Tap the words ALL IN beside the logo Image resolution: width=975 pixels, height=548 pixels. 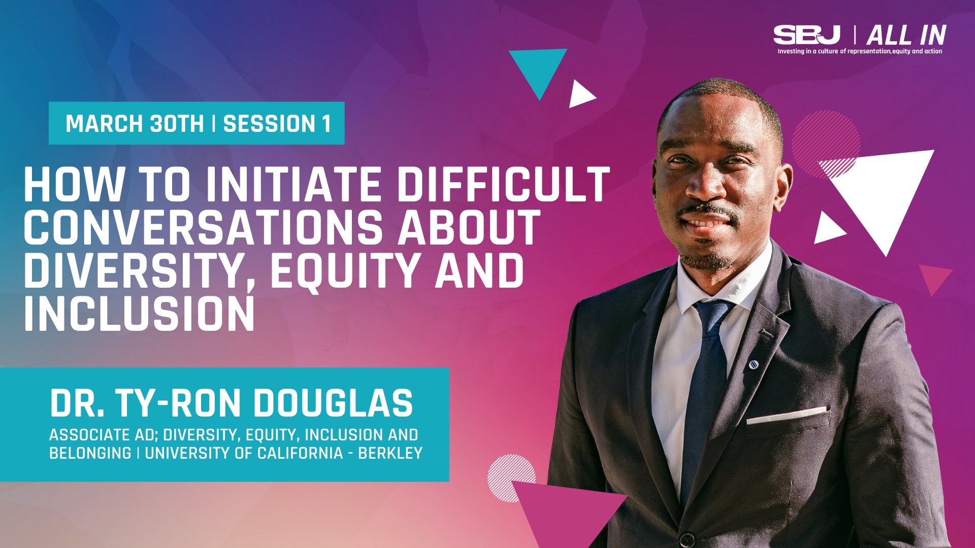906,36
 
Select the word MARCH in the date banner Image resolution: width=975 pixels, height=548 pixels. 99,124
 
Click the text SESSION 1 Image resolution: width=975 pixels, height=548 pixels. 277,124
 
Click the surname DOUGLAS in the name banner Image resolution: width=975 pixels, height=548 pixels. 333,404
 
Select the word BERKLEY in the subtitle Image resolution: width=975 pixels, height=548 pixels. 390,453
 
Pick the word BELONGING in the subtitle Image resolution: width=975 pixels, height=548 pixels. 90,453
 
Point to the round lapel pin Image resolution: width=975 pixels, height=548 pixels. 754,364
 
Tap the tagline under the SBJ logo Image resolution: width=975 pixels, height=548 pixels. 860,51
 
